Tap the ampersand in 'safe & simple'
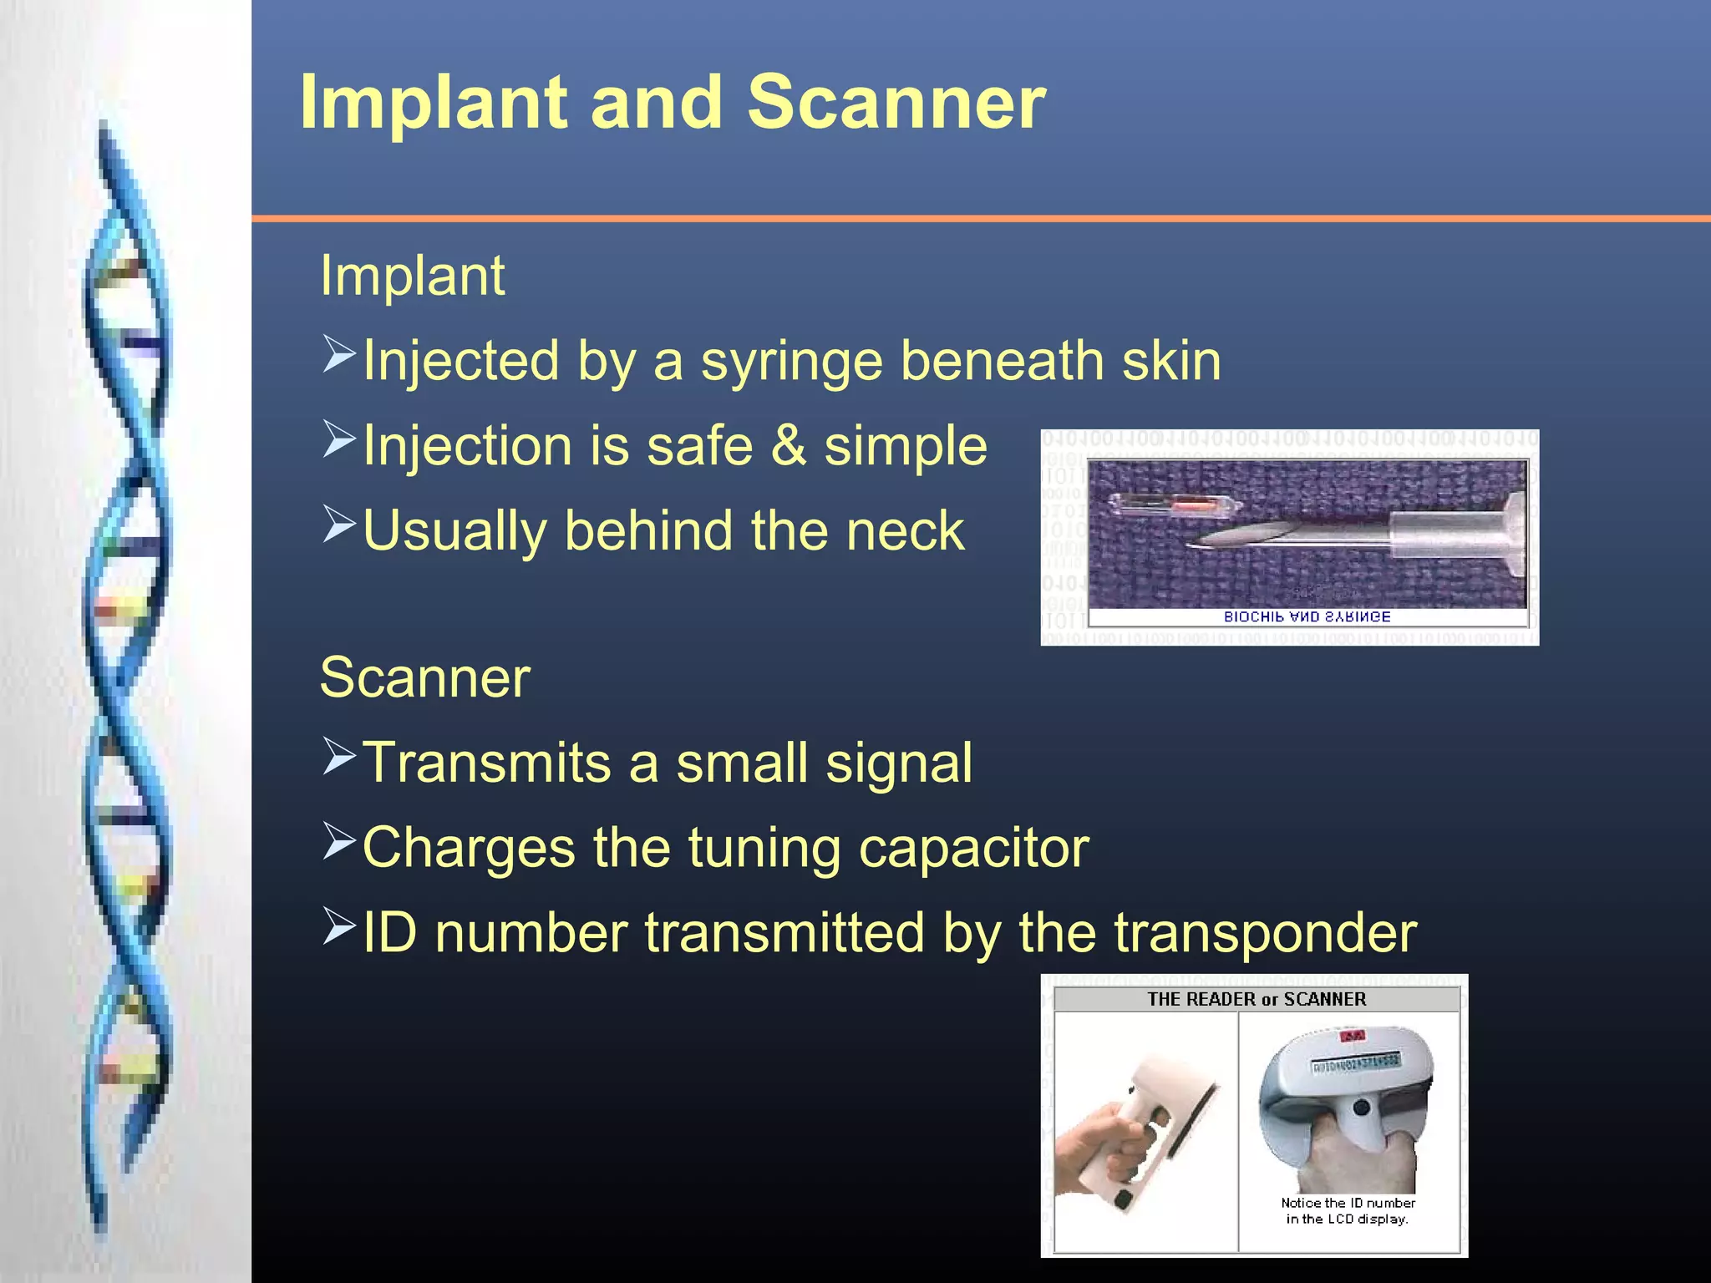(788, 446)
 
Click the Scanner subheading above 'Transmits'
(424, 677)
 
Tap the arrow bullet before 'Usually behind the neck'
(339, 525)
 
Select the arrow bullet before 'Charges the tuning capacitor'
(339, 841)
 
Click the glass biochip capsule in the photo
(1170, 504)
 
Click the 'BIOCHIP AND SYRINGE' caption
(1307, 617)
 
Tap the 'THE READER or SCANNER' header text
(1256, 999)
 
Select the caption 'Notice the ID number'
(1348, 1203)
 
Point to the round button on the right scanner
(1362, 1108)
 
